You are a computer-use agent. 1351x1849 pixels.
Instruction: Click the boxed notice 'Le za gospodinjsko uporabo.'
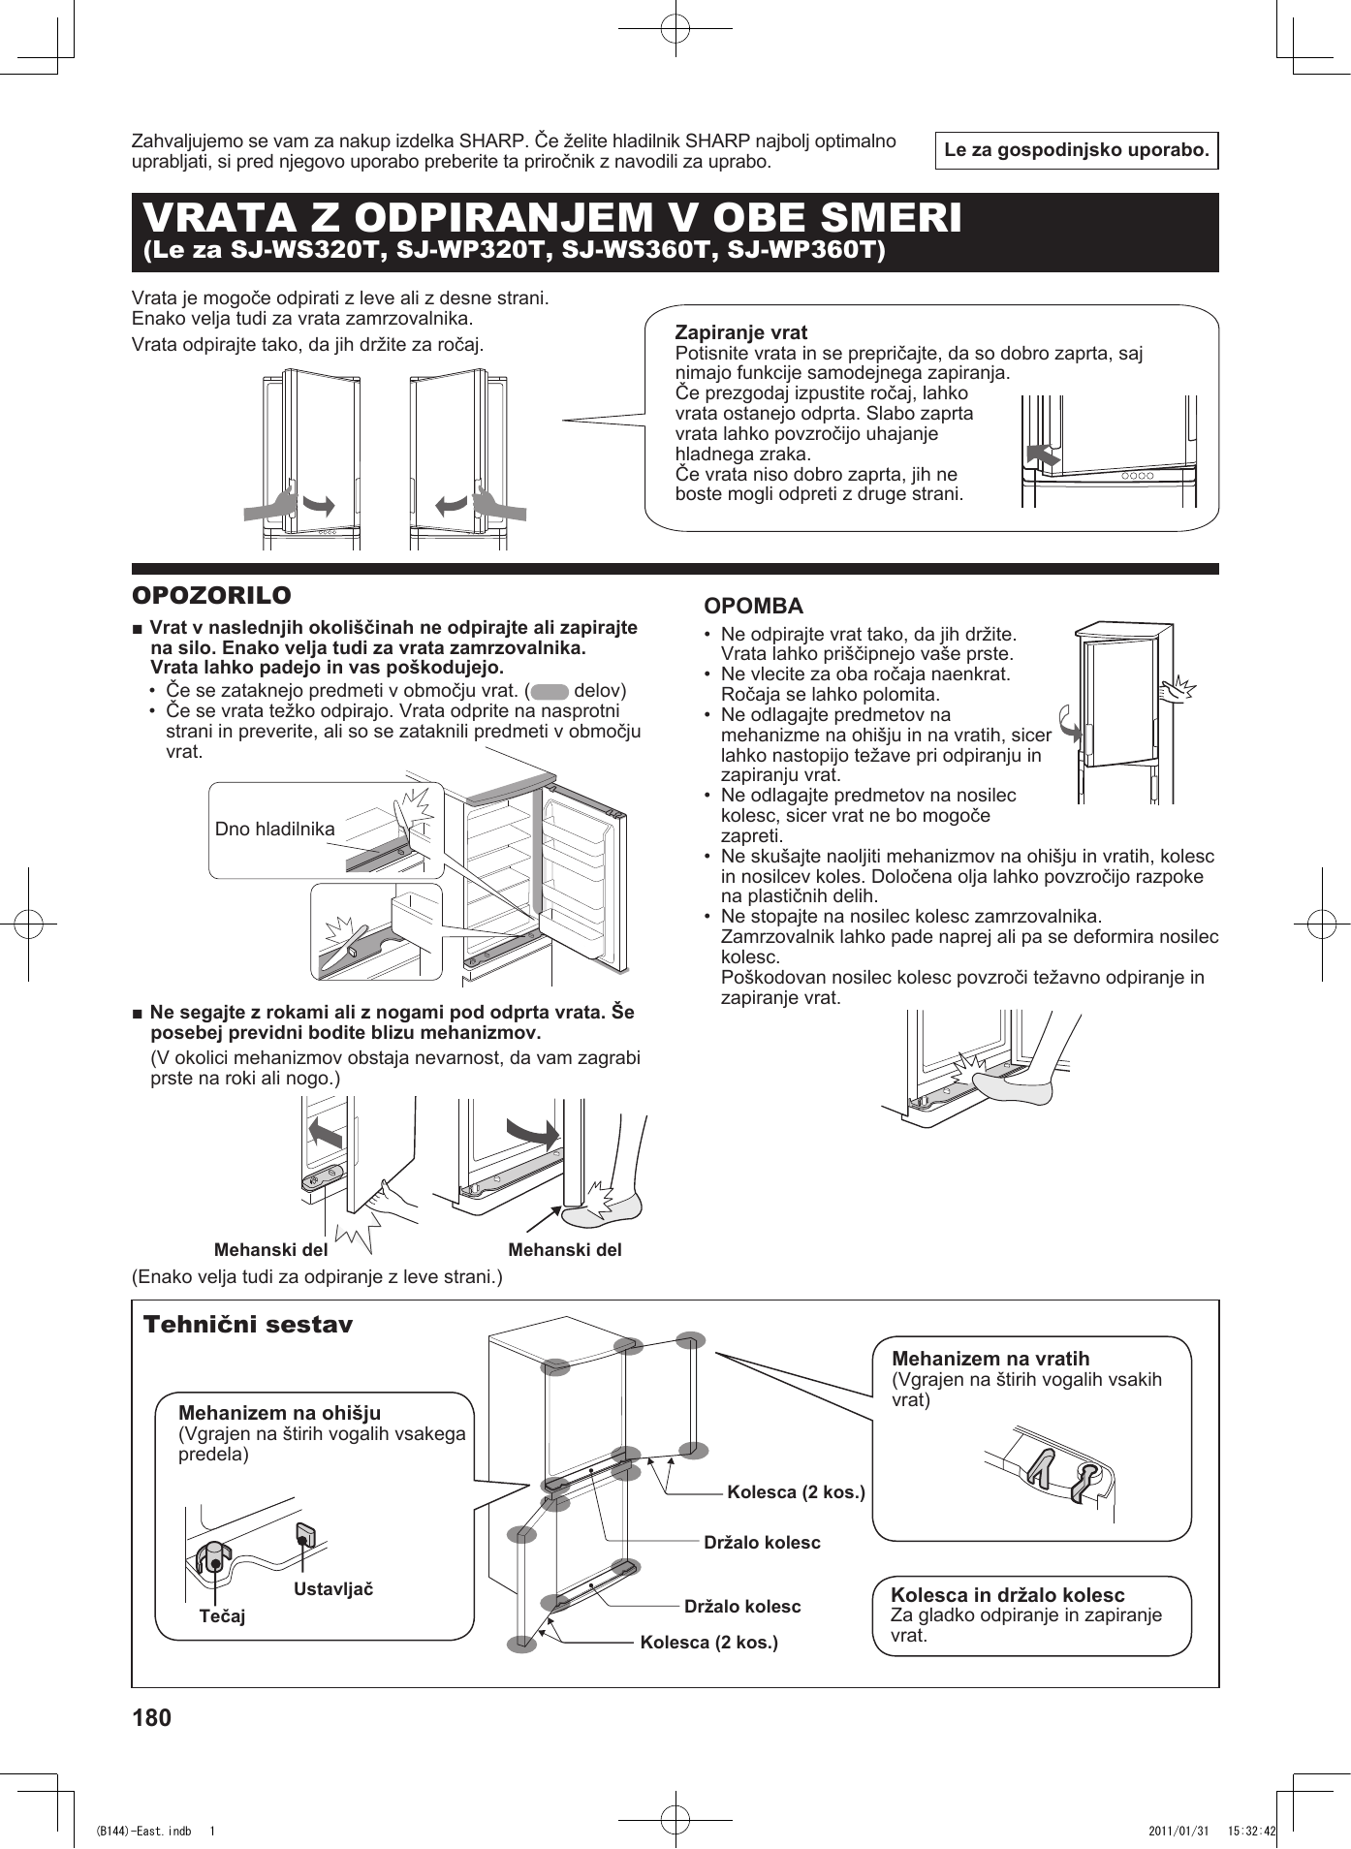coord(1076,150)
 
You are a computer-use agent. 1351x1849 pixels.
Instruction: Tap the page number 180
coord(151,1717)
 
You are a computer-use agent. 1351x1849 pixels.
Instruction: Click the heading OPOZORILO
coord(211,595)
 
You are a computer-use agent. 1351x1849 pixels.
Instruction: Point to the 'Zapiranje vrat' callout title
coord(740,332)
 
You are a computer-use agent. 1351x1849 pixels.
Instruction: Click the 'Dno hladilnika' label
coord(274,829)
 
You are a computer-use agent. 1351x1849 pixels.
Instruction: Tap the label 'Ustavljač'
coord(333,1588)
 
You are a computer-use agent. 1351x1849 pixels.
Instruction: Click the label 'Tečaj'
coord(222,1615)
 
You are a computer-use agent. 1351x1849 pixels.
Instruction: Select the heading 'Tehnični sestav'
coord(248,1325)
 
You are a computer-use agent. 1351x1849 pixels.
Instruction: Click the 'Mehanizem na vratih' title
coord(990,1359)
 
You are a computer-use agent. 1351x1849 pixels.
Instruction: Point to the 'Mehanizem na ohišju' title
coord(279,1413)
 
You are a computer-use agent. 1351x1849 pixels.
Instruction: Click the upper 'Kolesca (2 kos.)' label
coord(796,1491)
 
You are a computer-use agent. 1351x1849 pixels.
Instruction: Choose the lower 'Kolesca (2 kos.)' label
coord(708,1642)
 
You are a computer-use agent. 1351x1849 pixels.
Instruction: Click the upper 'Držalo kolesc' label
coord(762,1542)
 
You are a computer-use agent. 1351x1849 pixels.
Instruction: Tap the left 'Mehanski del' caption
coord(270,1249)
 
